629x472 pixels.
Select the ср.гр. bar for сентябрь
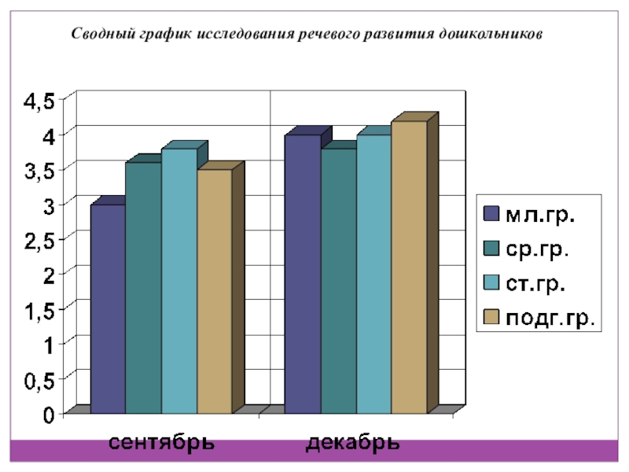(143, 288)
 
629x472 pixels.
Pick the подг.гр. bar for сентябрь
(214, 291)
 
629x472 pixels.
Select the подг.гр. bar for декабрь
(409, 267)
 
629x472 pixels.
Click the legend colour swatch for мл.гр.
(491, 215)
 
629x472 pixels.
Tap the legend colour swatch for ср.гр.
(491, 249)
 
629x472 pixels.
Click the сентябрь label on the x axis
(161, 442)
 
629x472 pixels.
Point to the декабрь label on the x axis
(353, 442)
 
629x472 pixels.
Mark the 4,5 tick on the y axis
(39, 101)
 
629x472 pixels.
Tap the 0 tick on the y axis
(49, 415)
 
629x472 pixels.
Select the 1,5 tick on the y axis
(39, 310)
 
